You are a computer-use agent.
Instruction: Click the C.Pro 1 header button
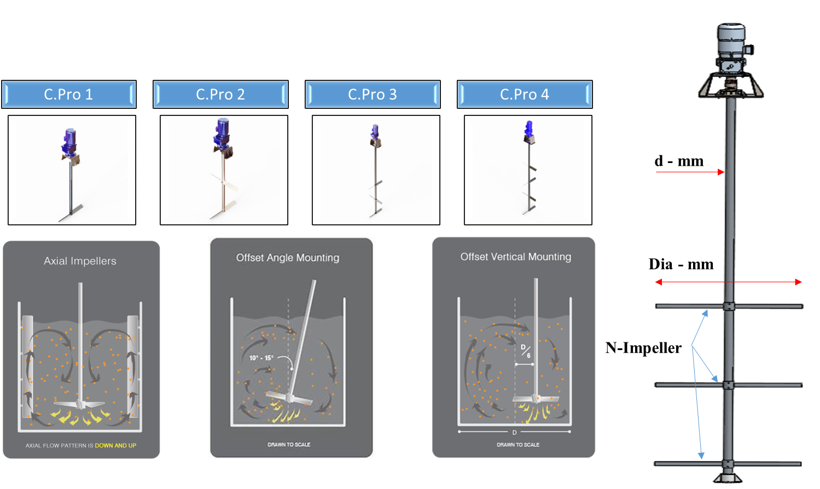(68, 95)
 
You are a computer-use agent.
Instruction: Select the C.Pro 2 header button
(220, 95)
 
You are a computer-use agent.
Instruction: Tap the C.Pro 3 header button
(373, 95)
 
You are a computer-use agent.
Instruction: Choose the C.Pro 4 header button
(525, 95)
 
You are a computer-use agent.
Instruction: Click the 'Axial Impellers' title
(80, 261)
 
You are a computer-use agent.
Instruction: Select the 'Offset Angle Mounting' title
(288, 258)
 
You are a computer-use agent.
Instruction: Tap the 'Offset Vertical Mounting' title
(515, 257)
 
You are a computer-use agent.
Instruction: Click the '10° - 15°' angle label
(261, 358)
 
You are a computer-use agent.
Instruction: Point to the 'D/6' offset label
(525, 351)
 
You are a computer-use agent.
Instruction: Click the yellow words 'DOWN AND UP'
(115, 446)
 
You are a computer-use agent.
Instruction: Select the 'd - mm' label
(679, 161)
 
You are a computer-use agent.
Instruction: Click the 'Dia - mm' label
(681, 265)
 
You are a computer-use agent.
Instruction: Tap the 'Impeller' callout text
(652, 348)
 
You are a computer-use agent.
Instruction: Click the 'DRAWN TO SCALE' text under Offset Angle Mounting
(289, 445)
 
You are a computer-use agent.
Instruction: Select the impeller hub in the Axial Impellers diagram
(80, 404)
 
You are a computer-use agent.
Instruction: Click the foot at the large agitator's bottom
(728, 479)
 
